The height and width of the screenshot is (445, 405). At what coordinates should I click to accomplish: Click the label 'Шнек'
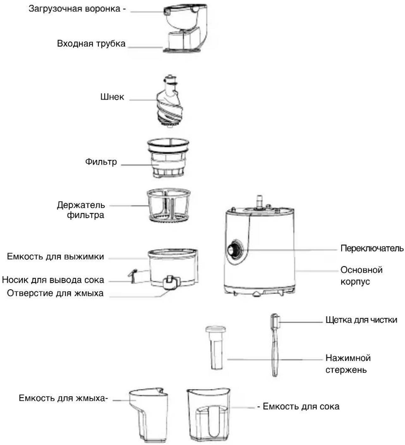[112, 97]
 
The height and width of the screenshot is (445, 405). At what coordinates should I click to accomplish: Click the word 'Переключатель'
[372, 249]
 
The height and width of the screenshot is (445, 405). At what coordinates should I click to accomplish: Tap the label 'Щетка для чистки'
[361, 320]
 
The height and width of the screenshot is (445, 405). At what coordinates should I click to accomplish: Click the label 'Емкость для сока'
[301, 406]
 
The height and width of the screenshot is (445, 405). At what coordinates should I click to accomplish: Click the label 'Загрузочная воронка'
[74, 9]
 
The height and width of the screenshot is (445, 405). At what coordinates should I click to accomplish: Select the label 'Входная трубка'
[91, 44]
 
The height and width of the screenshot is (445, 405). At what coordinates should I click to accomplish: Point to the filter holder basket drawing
[169, 205]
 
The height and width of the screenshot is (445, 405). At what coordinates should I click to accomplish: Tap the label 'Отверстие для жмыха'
[55, 293]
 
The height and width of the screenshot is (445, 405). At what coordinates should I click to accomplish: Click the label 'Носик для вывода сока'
[53, 280]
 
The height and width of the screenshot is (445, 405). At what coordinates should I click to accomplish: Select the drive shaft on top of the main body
[260, 201]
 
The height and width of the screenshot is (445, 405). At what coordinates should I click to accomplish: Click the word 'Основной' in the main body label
[361, 270]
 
